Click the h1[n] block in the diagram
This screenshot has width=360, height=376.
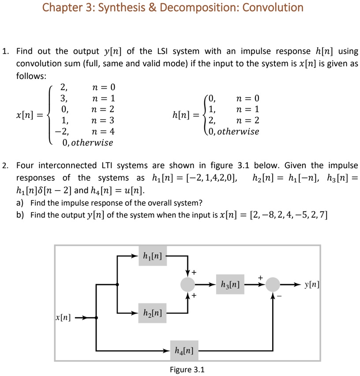tap(153, 256)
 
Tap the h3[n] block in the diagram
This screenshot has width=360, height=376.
tap(229, 285)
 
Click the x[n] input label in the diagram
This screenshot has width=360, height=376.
tap(63, 317)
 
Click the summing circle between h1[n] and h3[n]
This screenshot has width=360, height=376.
tap(188, 285)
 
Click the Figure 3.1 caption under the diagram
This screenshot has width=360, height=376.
tap(187, 369)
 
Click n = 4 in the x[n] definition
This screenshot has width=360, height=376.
tap(102, 131)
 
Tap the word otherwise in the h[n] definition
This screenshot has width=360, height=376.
tap(239, 132)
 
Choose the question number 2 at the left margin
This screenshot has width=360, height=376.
tap(4, 165)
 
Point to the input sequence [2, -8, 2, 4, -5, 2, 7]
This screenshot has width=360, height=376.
tap(289, 215)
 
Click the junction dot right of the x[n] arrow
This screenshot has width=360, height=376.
tap(97, 317)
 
